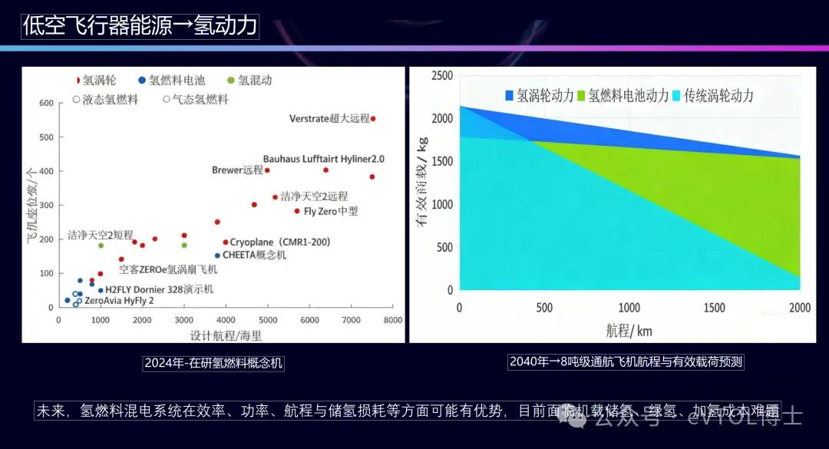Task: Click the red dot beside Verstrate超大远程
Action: click(x=373, y=119)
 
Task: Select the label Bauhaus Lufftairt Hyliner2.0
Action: click(x=323, y=159)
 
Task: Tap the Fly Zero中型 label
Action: click(x=331, y=211)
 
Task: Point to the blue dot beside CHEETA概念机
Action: click(x=217, y=256)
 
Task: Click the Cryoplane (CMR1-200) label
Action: click(x=280, y=242)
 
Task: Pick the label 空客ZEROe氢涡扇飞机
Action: click(x=168, y=269)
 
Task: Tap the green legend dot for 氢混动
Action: click(x=231, y=80)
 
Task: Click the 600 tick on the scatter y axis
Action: click(x=46, y=103)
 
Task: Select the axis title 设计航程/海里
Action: click(x=226, y=335)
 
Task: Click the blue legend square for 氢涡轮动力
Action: click(x=509, y=95)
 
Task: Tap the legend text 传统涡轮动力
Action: click(x=718, y=95)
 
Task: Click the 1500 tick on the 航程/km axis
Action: click(x=715, y=308)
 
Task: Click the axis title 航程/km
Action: click(x=629, y=331)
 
